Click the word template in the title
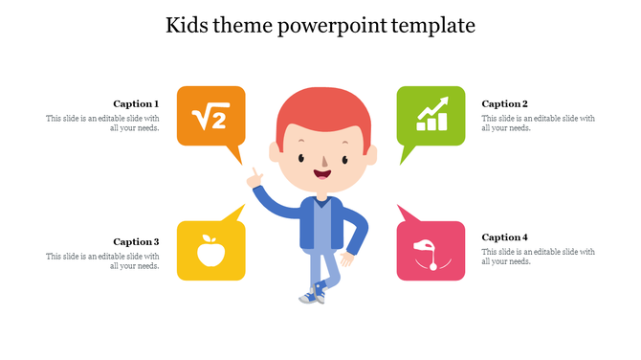[x=429, y=25]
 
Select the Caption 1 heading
[x=136, y=103]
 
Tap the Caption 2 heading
[x=504, y=103]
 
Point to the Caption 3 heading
[x=136, y=241]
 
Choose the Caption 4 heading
[x=504, y=236]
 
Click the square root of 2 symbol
[x=210, y=117]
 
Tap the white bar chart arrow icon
[x=431, y=114]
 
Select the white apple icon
[x=210, y=251]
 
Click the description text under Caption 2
[x=538, y=124]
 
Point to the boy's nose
[x=322, y=159]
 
